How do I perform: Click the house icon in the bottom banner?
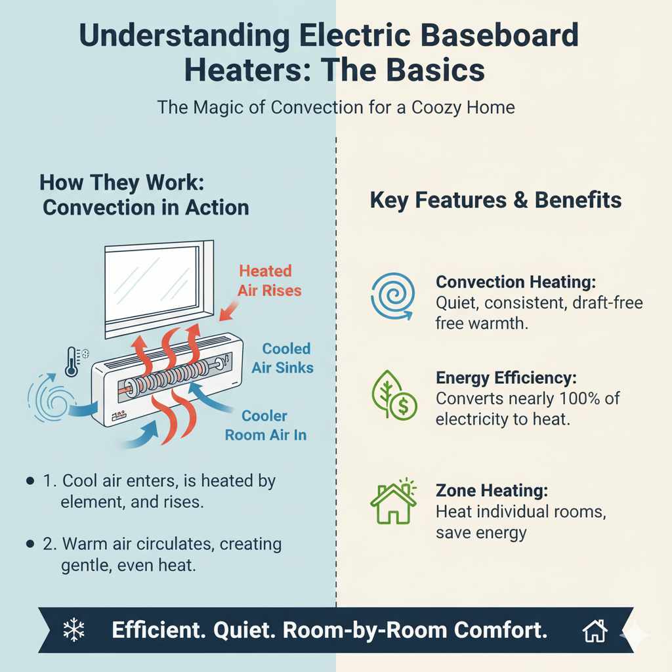pos(594,631)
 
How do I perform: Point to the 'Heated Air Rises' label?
pos(265,280)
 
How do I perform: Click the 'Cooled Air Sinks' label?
pos(283,358)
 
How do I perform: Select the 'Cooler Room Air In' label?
pos(266,425)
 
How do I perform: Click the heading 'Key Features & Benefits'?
pos(495,200)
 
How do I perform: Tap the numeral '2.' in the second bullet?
pos(51,544)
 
